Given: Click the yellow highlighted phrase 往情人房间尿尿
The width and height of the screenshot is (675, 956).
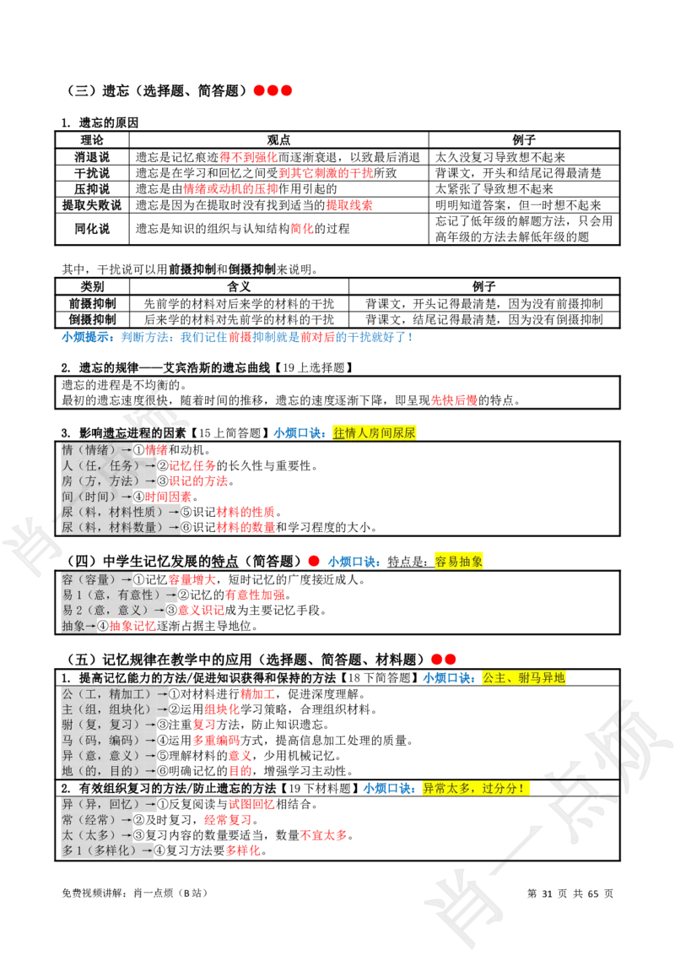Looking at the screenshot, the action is click(x=375, y=432).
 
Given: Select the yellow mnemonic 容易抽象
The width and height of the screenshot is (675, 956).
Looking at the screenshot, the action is click(x=459, y=562).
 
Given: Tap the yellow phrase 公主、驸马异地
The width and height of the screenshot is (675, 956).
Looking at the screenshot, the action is click(x=523, y=677).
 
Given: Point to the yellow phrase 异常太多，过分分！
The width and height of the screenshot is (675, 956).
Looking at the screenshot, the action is click(x=477, y=789).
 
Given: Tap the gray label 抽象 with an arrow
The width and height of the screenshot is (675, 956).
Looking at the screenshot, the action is click(x=79, y=626).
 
